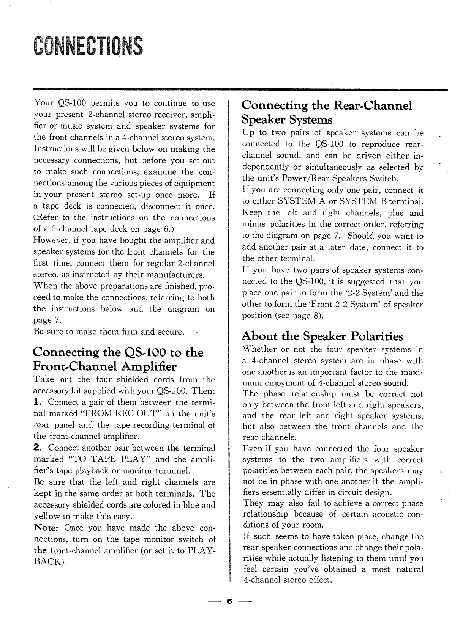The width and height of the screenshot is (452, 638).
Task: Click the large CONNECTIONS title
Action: coord(88,46)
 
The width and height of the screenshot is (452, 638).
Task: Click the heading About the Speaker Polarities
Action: coord(322,336)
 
